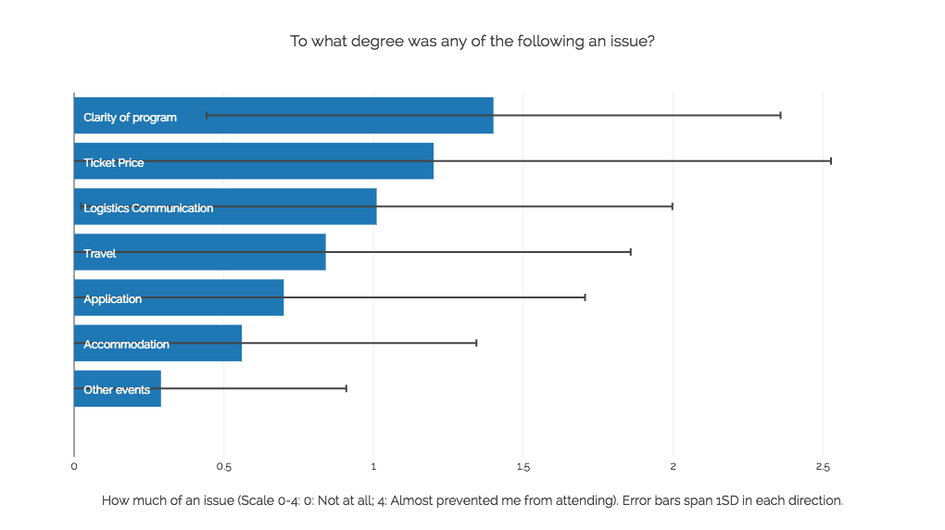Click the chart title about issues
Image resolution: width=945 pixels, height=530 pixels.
[x=472, y=42]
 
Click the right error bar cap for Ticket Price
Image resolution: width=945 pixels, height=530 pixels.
[x=831, y=161]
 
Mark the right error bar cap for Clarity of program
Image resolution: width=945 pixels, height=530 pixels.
[x=781, y=116]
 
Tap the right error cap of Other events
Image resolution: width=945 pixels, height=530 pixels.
[x=346, y=388]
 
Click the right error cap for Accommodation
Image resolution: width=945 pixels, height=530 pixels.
[x=476, y=343]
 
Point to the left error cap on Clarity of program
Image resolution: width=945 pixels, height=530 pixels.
[x=206, y=116]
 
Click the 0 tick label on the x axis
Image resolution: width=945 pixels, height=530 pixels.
[x=74, y=466]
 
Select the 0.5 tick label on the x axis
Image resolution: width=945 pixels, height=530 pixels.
[x=223, y=466]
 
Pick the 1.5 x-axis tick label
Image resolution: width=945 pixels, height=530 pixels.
[x=523, y=466]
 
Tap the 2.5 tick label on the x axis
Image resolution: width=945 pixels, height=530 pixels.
[x=823, y=466]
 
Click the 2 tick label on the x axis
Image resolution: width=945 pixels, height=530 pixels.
[x=674, y=466]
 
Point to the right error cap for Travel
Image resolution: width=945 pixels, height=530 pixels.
[x=631, y=252]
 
